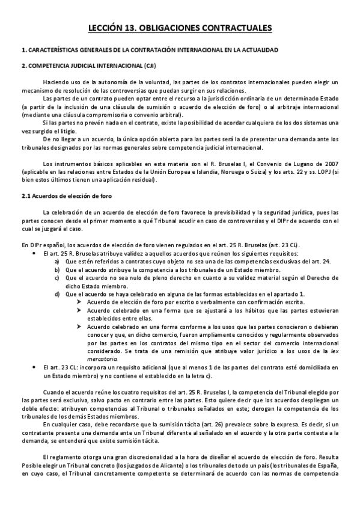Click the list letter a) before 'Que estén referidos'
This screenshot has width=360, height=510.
(58, 262)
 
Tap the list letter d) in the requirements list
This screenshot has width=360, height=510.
(58, 293)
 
